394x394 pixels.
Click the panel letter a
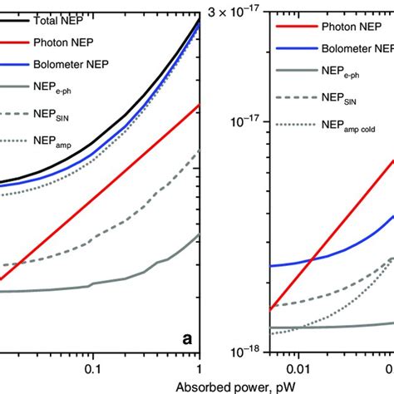tap(187, 339)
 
